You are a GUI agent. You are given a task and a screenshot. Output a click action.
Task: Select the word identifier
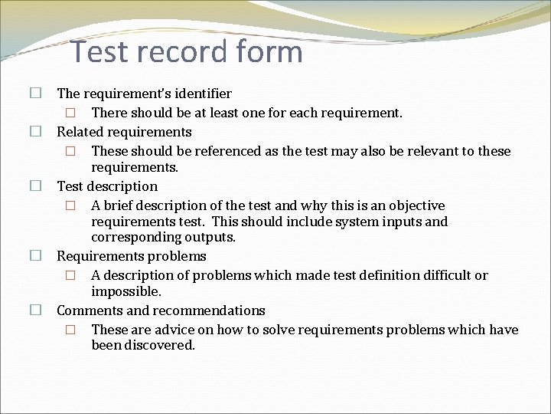click(x=201, y=94)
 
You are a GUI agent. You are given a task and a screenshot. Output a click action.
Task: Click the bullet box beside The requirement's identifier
click(x=35, y=94)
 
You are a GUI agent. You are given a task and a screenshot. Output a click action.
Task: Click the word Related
click(x=80, y=132)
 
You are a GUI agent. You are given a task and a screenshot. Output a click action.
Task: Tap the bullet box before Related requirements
click(x=35, y=131)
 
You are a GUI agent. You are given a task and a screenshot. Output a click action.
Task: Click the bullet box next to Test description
click(x=35, y=186)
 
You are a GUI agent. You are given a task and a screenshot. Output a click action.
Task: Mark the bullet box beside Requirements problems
click(x=35, y=255)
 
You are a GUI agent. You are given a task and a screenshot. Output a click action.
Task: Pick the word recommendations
click(x=209, y=310)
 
